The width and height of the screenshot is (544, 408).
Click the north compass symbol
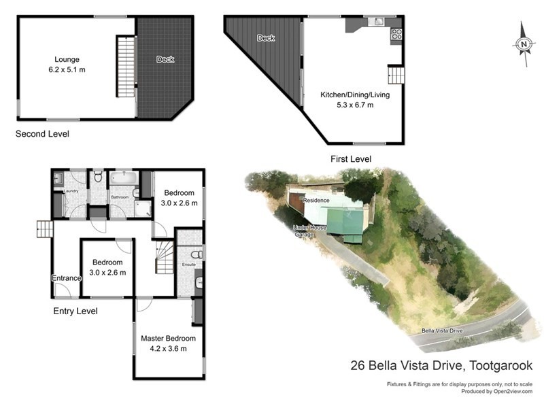[524, 44]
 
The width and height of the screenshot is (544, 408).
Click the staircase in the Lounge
[126, 67]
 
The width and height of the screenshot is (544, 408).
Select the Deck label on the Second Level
[165, 60]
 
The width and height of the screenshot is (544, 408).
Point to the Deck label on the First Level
[266, 38]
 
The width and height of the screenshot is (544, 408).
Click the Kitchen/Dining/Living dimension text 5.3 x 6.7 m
[355, 105]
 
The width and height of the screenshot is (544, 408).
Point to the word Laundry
[71, 191]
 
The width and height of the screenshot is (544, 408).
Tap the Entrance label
[66, 278]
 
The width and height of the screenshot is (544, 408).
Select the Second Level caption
[42, 134]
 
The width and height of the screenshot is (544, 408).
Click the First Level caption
[351, 159]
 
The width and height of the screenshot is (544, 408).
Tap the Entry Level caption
[75, 311]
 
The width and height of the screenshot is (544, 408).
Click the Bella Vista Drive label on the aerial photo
[441, 331]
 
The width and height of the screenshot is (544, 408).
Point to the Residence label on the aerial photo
[316, 201]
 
